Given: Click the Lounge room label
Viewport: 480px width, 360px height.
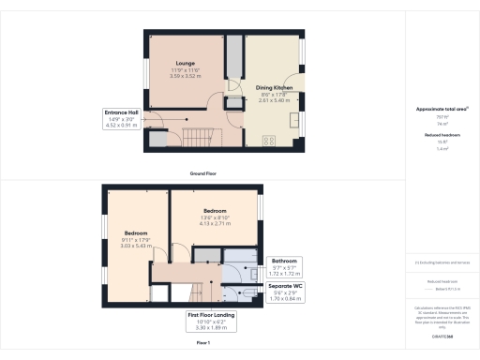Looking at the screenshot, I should click(x=185, y=64).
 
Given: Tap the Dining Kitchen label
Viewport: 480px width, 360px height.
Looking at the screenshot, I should click(x=275, y=87).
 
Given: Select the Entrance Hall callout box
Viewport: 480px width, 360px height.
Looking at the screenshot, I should click(x=123, y=117).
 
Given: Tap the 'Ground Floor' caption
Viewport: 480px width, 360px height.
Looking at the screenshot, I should click(x=205, y=173).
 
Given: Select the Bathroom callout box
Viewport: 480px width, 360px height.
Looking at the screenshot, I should click(x=284, y=264).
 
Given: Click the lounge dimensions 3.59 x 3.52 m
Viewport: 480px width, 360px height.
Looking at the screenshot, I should click(x=185, y=76).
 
